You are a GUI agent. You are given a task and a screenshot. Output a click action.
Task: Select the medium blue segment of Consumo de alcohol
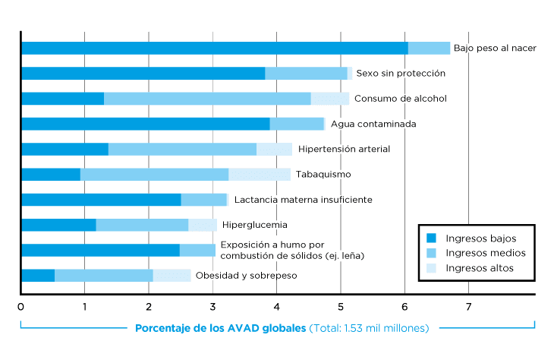(207, 99)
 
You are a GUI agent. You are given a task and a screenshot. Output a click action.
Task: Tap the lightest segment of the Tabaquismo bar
(260, 175)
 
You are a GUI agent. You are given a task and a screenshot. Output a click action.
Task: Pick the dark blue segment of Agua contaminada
(145, 124)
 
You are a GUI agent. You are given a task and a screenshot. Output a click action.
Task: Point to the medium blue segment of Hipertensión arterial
(182, 149)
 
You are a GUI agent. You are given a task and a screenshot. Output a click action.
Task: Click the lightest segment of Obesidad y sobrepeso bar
(172, 276)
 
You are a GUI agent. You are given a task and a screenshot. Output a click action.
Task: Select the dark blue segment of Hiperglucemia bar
(58, 225)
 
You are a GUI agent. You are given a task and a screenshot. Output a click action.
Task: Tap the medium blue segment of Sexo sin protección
(306, 74)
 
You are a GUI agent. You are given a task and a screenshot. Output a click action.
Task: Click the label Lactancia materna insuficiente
(303, 200)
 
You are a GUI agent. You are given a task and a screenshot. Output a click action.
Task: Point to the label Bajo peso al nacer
(495, 48)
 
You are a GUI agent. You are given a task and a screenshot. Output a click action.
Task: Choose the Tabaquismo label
(323, 175)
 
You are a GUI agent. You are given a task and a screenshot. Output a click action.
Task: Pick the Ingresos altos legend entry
(479, 268)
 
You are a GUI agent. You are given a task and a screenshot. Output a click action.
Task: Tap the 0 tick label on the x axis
(20, 307)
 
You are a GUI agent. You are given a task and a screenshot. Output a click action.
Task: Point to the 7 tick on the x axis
(468, 307)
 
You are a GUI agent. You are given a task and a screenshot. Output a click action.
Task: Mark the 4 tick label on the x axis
(276, 307)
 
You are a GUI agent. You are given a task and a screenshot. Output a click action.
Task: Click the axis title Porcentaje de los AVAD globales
(221, 329)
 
